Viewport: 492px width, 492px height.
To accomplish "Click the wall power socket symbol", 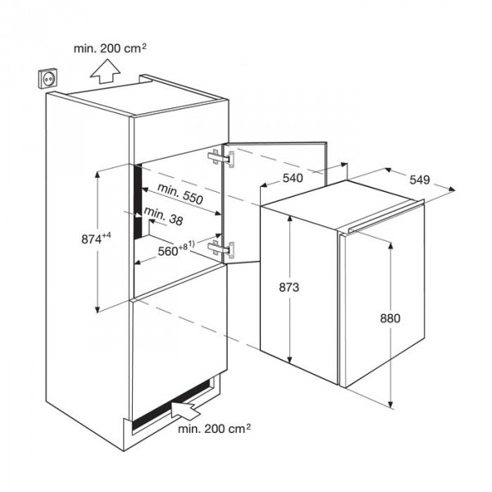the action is point(49,79).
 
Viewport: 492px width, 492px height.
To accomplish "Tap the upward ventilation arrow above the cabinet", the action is point(106,71).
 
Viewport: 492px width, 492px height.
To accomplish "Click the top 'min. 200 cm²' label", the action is point(110,48).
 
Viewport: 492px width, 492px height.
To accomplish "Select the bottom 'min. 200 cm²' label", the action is point(214,429).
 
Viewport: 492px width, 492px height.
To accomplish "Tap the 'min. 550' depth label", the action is point(180,194).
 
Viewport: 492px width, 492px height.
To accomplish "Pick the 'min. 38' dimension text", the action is point(163,216).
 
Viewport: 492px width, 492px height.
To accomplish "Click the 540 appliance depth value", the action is point(293,178).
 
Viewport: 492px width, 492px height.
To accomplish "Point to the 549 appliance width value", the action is point(420,180).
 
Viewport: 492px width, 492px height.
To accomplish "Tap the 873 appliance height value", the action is point(289,287).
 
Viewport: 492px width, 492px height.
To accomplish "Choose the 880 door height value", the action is point(390,318).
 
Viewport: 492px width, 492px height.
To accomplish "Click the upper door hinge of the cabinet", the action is point(221,158).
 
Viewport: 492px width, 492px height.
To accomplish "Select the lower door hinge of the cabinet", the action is point(221,249).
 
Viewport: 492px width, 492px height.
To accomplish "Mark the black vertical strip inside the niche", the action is point(138,201).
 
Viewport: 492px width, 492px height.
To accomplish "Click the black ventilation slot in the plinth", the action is point(171,405).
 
